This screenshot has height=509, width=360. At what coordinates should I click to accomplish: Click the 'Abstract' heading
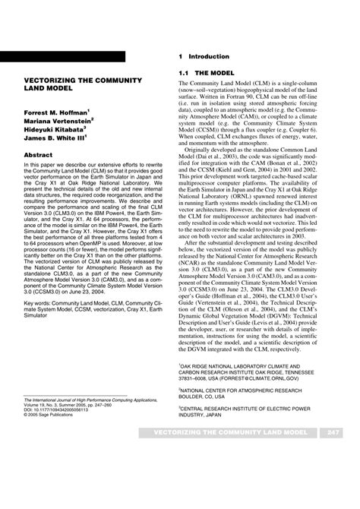[39, 154]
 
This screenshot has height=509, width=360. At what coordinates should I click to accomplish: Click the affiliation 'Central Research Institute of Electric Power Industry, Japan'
[242, 416]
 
